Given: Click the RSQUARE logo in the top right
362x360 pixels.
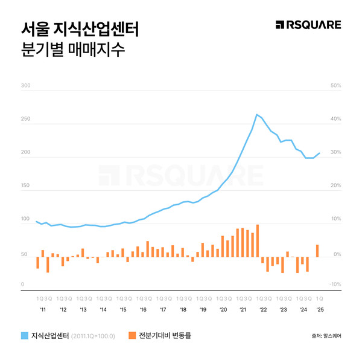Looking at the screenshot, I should [308, 25].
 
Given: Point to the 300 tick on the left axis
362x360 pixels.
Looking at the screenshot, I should [25, 86].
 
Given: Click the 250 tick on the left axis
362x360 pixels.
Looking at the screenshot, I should [25, 119].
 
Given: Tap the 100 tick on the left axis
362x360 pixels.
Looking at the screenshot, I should [25, 218].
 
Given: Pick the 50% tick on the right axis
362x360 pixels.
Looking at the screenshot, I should [336, 86].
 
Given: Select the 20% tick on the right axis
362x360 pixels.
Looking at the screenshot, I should [336, 185].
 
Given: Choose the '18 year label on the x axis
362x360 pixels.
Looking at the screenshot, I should [182, 309].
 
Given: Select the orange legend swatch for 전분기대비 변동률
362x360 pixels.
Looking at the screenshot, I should [132, 335].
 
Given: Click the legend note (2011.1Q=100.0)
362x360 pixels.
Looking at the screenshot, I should [94, 335].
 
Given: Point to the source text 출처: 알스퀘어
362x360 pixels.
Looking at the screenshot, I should [326, 336].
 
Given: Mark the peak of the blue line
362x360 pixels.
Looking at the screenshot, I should [257, 114].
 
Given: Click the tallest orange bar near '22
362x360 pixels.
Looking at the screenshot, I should [257, 241].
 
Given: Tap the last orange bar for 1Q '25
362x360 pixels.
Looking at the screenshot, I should [318, 251].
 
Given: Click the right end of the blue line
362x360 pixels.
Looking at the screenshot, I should [319, 153].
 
